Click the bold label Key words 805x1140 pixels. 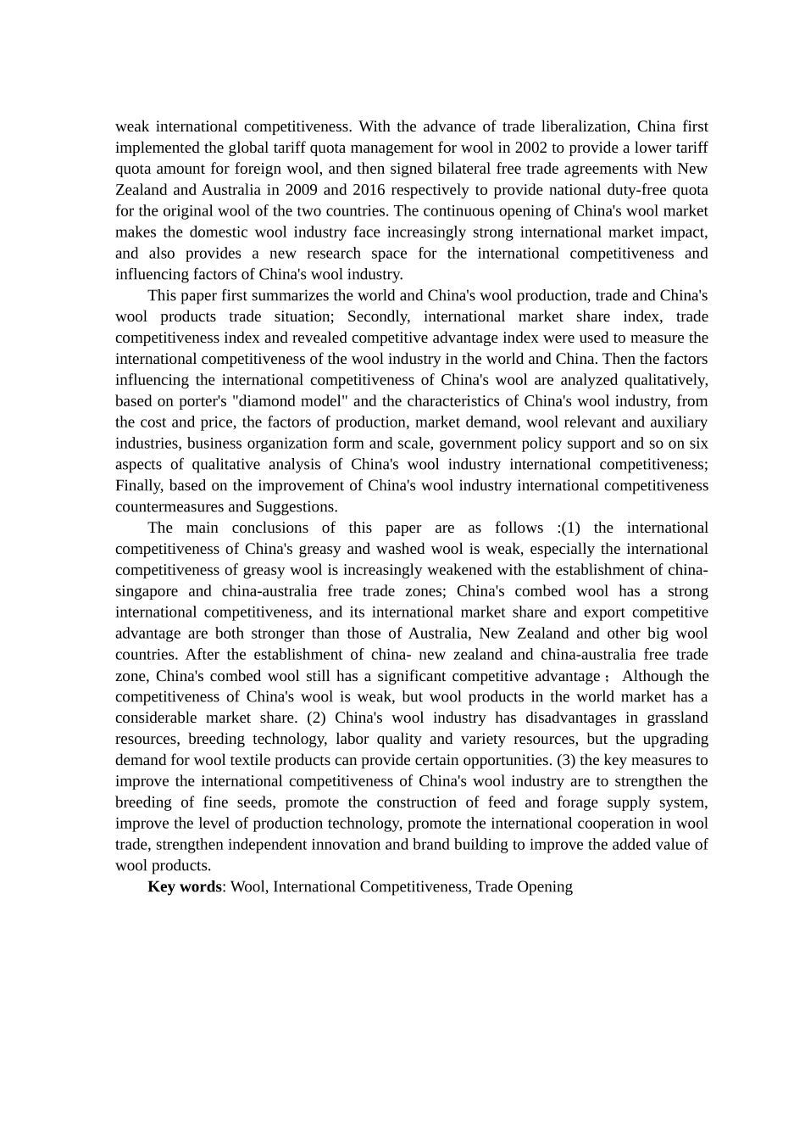pyautogui.click(x=184, y=887)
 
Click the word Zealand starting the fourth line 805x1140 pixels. pyautogui.click(x=141, y=190)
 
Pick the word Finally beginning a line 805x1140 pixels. pyautogui.click(x=139, y=486)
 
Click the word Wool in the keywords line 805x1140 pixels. pyautogui.click(x=247, y=887)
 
